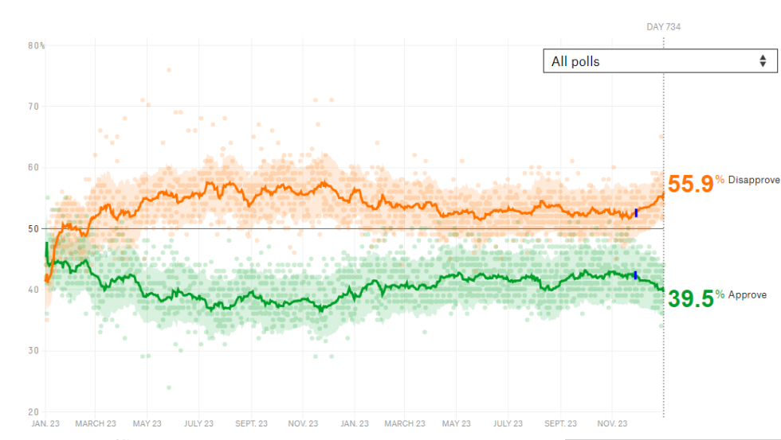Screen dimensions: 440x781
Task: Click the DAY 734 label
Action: click(663, 27)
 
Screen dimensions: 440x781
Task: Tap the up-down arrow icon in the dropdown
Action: click(763, 61)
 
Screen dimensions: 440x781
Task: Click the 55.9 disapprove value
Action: click(689, 184)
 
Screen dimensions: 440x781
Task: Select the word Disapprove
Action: click(753, 181)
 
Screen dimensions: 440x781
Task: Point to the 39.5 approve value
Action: click(689, 298)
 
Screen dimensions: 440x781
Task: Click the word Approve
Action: click(748, 295)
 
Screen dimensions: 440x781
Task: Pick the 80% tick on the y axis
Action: click(36, 45)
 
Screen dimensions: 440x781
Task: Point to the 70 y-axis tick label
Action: click(33, 107)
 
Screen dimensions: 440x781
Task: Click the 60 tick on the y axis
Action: click(33, 168)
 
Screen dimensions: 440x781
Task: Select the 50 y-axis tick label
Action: click(33, 229)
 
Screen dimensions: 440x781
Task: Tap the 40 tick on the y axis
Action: click(33, 290)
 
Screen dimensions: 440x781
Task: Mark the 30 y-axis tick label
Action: click(33, 351)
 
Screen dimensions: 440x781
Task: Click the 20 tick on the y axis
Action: click(33, 412)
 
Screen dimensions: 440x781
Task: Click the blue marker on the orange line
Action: click(636, 212)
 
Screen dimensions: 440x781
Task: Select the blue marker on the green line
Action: click(635, 275)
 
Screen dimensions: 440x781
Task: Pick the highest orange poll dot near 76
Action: click(168, 70)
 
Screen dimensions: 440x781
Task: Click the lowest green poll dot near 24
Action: click(168, 387)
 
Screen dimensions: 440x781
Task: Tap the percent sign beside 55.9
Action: click(720, 180)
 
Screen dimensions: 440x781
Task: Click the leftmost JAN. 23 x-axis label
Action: click(45, 423)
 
